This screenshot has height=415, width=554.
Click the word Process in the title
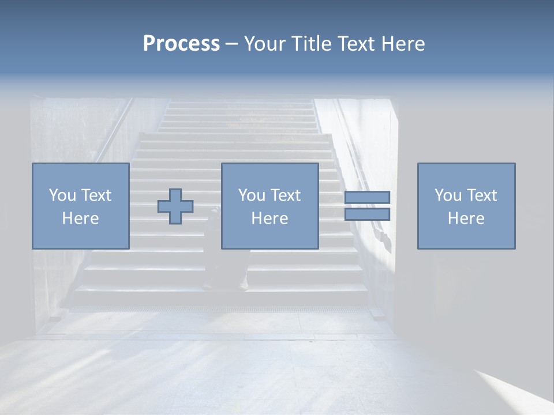181,44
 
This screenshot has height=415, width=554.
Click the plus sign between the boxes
175,206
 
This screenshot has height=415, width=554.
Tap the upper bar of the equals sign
368,198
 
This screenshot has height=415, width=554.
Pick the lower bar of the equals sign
368,214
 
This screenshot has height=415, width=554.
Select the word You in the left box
62,195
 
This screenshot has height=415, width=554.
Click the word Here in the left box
81,218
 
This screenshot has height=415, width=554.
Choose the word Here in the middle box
270,218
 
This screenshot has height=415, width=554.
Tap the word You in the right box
448,195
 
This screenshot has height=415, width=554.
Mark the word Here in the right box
466,218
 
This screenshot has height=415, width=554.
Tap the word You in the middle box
252,195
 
